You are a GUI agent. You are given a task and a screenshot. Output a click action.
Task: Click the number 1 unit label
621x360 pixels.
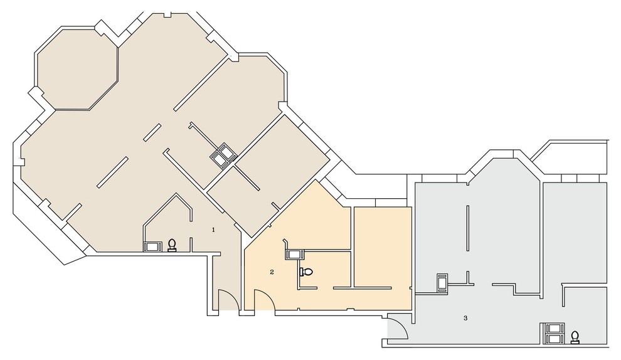(213, 230)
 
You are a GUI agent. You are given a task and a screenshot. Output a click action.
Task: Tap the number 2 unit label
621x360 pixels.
(272, 272)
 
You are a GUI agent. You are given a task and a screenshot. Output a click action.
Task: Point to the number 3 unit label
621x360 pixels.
(465, 318)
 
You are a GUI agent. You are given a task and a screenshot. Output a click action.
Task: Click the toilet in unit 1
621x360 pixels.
(172, 246)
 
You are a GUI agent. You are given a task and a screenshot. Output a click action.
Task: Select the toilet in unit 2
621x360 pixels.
(306, 272)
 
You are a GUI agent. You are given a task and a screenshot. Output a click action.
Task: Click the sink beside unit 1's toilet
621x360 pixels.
(152, 246)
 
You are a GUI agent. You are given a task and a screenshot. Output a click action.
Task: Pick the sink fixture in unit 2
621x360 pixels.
(294, 255)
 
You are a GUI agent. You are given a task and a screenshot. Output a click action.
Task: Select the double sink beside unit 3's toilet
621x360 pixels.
(555, 333)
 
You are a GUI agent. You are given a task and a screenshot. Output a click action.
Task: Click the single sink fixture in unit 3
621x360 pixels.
(442, 283)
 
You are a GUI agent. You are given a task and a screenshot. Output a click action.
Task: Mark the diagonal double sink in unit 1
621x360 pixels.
(223, 156)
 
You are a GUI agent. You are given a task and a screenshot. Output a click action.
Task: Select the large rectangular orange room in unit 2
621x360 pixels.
(383, 246)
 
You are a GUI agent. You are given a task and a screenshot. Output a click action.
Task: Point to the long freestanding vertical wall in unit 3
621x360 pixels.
(468, 228)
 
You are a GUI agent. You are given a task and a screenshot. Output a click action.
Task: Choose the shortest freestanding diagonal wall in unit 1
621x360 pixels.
(152, 132)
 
